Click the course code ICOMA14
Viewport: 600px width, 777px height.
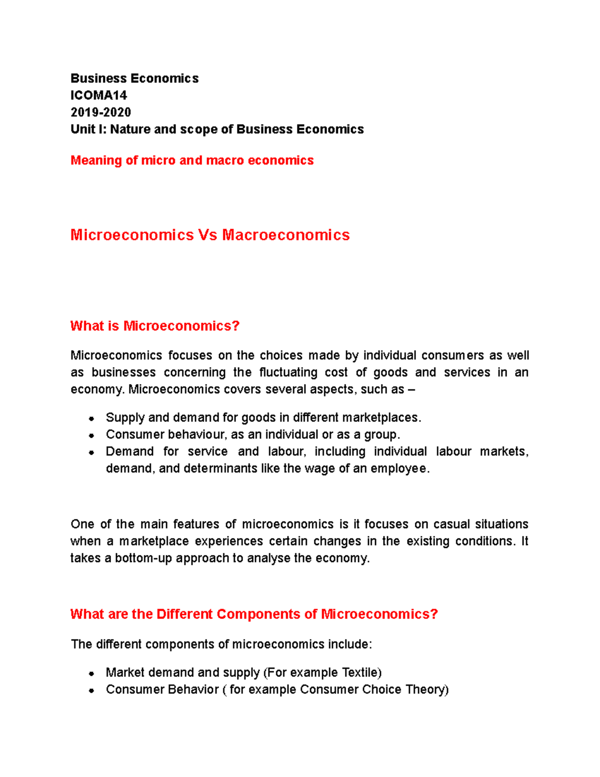click(98, 95)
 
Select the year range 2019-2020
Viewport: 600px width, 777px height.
click(100, 112)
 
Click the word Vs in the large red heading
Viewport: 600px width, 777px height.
click(207, 235)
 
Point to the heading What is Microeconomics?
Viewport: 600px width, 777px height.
click(155, 326)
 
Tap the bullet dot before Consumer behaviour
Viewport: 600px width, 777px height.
click(91, 435)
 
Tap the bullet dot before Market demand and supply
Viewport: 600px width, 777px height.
click(91, 673)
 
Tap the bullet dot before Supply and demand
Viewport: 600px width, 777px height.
click(91, 418)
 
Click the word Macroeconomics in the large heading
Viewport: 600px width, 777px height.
click(285, 235)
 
